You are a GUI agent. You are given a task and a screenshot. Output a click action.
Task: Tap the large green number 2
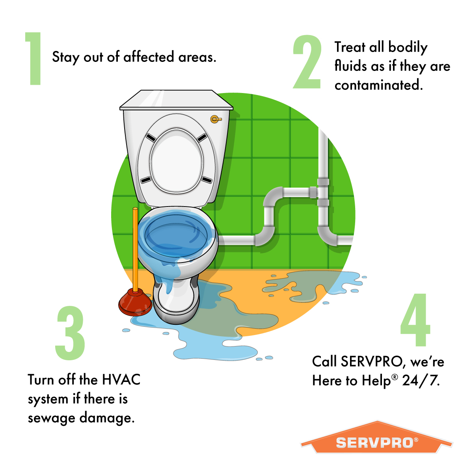(x=307, y=62)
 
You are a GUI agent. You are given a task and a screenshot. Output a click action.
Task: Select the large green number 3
(x=70, y=333)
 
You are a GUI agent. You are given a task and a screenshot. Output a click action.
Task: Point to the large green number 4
(x=415, y=320)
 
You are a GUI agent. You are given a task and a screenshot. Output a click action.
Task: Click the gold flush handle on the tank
(x=215, y=118)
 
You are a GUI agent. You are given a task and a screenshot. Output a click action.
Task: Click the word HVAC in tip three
(x=121, y=380)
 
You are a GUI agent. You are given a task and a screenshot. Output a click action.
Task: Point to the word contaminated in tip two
(x=378, y=85)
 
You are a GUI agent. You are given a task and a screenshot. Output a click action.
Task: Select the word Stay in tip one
(x=66, y=58)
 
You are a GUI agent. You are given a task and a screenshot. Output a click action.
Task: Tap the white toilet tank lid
(x=176, y=101)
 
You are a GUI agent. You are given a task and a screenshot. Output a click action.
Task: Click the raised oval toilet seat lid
(x=176, y=160)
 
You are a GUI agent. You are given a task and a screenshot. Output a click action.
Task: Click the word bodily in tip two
(x=408, y=47)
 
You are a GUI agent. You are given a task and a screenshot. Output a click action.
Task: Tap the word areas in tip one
(x=197, y=58)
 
